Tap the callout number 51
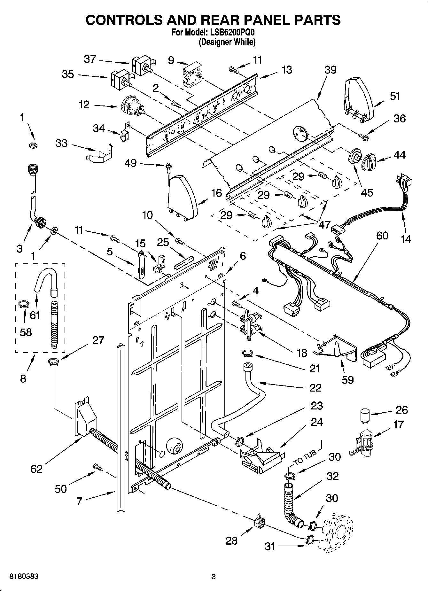tap(395, 96)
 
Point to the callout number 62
tap(36, 469)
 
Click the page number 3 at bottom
tap(214, 577)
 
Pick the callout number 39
tap(330, 70)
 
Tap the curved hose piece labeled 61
tap(46, 278)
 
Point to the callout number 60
tap(382, 236)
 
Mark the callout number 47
tap(324, 225)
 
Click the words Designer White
tap(227, 42)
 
